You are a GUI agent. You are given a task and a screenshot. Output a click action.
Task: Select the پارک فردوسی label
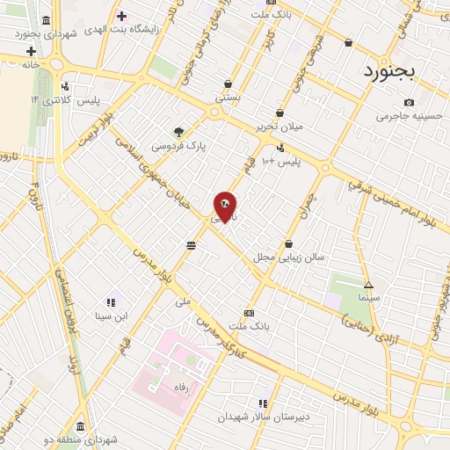(180, 147)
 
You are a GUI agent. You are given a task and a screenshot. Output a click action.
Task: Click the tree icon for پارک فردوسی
(180, 131)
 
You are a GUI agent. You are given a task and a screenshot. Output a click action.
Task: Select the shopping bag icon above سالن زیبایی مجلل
(288, 243)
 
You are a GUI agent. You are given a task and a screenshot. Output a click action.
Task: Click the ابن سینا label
(112, 316)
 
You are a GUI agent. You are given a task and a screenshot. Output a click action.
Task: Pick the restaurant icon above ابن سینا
(111, 301)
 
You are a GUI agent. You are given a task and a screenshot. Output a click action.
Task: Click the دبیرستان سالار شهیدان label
(262, 417)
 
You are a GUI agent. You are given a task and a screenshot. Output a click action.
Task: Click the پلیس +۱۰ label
(285, 162)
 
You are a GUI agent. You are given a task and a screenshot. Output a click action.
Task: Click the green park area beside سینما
(344, 289)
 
